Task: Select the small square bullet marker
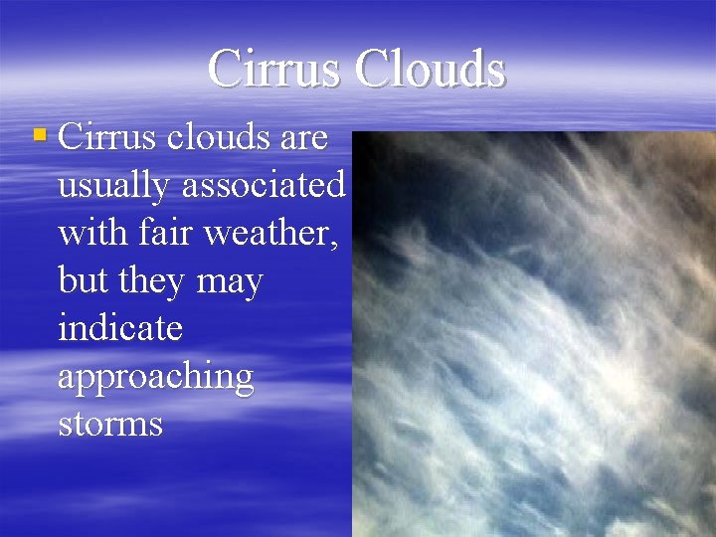(39, 133)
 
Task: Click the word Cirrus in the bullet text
(107, 137)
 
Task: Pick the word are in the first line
(304, 137)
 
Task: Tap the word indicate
(120, 328)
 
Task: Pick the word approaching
(156, 378)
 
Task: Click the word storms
(110, 424)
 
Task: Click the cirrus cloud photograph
(534, 334)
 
